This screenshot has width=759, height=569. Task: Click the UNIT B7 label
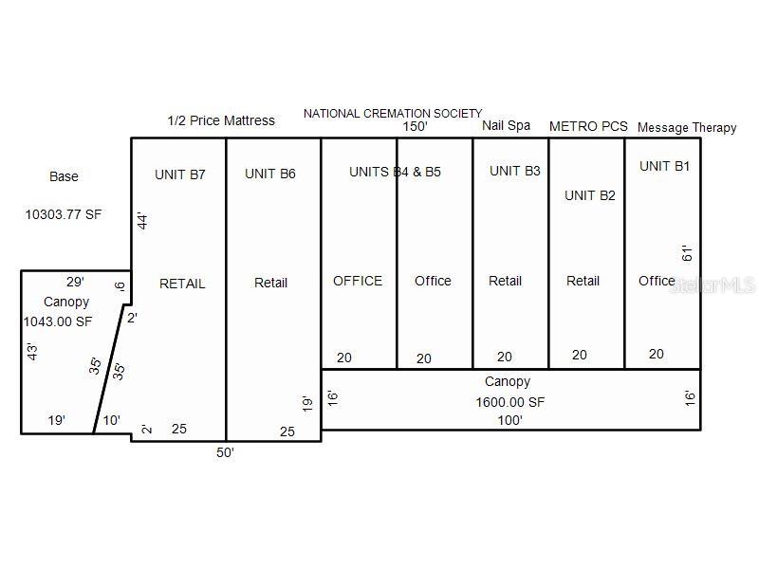(180, 174)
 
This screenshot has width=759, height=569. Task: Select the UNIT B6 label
(270, 174)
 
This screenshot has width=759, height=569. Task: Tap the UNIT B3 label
(515, 171)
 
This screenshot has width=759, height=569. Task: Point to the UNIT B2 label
(590, 195)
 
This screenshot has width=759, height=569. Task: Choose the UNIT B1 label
(665, 166)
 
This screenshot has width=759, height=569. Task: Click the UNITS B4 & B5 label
(395, 172)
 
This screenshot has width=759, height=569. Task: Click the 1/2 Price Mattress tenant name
(221, 120)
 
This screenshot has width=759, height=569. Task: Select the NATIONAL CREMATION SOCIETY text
(393, 114)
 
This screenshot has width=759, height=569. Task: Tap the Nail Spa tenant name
(506, 125)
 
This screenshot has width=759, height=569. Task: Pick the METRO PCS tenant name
(588, 126)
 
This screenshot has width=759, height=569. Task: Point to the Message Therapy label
(687, 127)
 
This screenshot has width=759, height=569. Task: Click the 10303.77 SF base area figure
(64, 214)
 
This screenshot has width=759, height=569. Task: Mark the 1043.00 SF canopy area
(58, 321)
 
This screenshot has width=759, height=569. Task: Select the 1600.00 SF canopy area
(510, 401)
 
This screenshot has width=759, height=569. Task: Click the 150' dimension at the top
(415, 126)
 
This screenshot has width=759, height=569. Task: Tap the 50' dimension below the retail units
(225, 452)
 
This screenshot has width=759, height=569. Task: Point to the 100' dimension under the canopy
(509, 420)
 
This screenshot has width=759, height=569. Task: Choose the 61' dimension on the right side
(688, 252)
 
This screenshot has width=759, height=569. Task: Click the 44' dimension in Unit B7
(143, 222)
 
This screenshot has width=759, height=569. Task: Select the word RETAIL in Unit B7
(182, 284)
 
